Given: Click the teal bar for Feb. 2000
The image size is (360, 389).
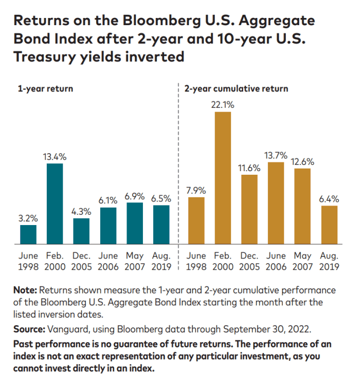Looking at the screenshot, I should (55, 203).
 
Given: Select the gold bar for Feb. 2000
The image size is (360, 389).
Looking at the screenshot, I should (223, 177).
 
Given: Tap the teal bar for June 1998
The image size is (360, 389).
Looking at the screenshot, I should (28, 234).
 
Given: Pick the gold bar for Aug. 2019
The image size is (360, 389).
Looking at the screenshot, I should (329, 225).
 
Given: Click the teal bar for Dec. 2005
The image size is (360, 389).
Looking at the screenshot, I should (81, 231).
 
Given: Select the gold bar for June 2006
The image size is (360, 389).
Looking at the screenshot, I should (276, 203).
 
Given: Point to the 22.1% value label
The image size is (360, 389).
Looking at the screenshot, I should (223, 105).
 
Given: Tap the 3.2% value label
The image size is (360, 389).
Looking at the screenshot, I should (28, 218).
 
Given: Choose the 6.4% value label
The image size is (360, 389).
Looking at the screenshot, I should (329, 199).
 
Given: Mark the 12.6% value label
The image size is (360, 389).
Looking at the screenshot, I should (303, 161).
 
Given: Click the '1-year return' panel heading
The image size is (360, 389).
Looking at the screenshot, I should (46, 88).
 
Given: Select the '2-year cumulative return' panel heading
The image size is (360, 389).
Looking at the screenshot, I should (236, 88).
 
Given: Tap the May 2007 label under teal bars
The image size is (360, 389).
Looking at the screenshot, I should (135, 261).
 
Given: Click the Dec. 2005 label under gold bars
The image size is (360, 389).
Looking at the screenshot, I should (249, 261).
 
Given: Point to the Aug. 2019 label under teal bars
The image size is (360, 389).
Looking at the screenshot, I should (161, 261).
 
